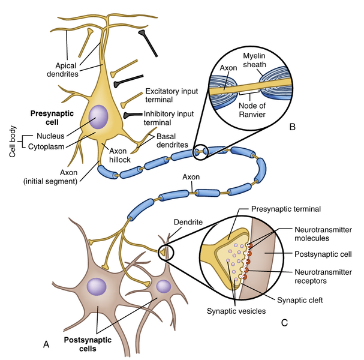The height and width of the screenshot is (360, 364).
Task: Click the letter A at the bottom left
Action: pyautogui.click(x=46, y=343)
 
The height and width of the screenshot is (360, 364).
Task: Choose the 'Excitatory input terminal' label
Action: pyautogui.click(x=167, y=95)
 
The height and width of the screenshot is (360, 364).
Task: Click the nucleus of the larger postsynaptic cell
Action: pyautogui.click(x=95, y=286)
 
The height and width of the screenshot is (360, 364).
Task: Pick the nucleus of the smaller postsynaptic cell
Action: pyautogui.click(x=164, y=286)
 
